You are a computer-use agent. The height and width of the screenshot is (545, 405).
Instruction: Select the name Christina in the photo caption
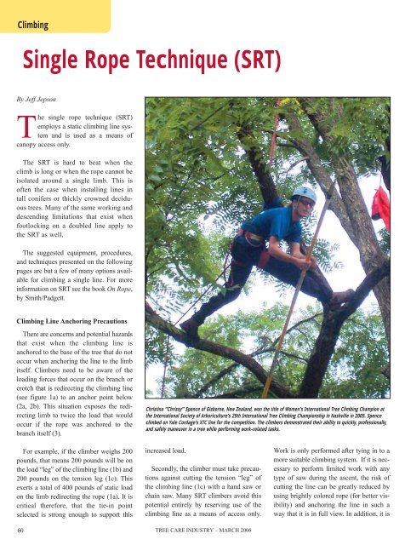click(x=161, y=385)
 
